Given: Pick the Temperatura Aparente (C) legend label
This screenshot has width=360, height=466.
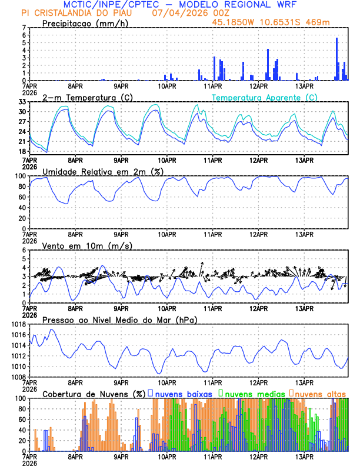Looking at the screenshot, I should click(265, 97).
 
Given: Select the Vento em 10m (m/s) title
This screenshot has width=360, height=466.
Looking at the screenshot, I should click(79, 245).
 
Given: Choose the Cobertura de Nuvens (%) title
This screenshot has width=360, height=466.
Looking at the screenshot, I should click(94, 394).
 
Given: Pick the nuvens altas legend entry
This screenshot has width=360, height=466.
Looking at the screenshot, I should click(320, 394).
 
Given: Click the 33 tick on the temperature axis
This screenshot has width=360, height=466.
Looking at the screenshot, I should click(22, 102).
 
